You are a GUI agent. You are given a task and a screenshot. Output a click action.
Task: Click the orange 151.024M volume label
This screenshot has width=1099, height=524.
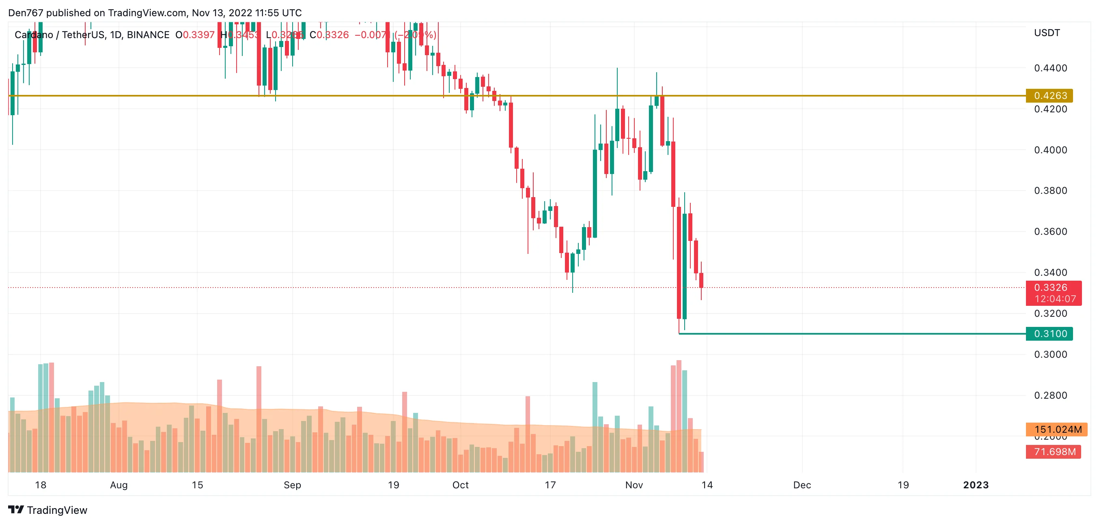(x=1056, y=429)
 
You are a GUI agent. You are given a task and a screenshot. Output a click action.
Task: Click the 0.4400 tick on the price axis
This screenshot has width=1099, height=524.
(x=1050, y=68)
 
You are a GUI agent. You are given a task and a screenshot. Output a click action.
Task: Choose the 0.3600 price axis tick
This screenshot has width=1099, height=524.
(x=1050, y=232)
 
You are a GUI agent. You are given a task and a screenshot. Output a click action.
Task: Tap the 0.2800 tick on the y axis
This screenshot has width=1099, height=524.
(x=1050, y=395)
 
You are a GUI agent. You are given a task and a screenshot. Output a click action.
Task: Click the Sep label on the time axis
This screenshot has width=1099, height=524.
(x=292, y=485)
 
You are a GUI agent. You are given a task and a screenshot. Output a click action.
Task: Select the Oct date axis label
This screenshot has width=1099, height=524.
(x=460, y=485)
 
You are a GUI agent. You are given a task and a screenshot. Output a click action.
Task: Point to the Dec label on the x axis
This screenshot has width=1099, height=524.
(x=802, y=485)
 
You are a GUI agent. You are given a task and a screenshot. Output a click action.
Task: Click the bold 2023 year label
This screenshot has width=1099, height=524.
(x=976, y=485)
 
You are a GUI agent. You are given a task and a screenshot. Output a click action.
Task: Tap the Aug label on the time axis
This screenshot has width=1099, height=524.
(x=119, y=485)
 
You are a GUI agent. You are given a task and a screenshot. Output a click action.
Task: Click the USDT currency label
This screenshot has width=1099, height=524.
(x=1047, y=33)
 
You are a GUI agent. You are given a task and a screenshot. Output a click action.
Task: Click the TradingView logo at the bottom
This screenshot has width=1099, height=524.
(x=48, y=510)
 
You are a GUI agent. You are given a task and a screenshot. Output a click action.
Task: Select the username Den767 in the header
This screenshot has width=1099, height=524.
(x=26, y=13)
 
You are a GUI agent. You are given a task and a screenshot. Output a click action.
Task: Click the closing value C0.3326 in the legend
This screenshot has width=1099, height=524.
(x=329, y=35)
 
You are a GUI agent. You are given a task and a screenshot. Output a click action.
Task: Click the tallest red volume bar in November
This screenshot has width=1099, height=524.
(x=679, y=416)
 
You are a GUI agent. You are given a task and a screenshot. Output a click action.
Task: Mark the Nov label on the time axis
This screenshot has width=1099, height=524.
(x=634, y=485)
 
